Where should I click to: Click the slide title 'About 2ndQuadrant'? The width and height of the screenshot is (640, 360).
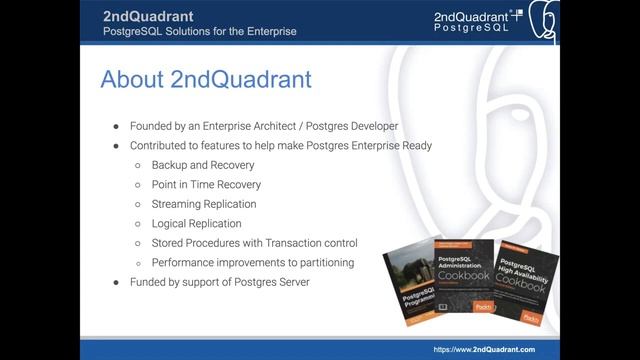(206, 79)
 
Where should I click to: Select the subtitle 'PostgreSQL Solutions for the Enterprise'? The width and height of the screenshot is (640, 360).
(199, 31)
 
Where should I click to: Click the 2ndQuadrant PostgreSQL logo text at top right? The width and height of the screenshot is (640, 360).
(472, 21)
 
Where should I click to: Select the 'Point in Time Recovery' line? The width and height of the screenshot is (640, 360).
(206, 184)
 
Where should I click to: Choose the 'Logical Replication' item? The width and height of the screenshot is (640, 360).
(196, 223)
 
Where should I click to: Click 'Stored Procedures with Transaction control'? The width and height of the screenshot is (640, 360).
(254, 243)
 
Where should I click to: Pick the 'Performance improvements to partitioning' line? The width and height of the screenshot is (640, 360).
(252, 262)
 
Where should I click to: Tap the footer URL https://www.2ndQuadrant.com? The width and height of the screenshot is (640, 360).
(483, 349)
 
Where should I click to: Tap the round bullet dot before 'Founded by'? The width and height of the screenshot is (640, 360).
(116, 126)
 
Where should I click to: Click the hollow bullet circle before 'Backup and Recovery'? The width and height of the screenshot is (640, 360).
(138, 165)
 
